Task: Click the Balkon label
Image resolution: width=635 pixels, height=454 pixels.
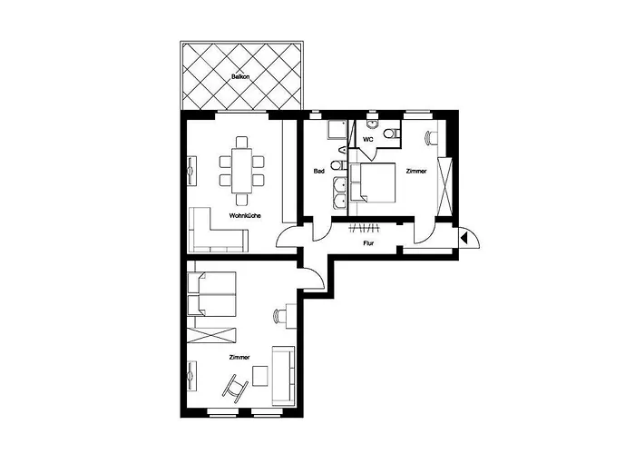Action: tap(240, 76)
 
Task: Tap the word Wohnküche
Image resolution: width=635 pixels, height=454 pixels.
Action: tap(245, 216)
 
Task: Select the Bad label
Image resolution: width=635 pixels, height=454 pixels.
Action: tap(319, 171)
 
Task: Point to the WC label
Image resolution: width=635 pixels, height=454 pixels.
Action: tap(368, 140)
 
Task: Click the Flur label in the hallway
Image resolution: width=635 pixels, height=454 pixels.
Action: tap(368, 243)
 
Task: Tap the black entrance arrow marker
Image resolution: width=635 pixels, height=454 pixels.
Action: tap(464, 238)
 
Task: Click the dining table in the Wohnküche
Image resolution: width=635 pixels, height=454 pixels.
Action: tap(241, 171)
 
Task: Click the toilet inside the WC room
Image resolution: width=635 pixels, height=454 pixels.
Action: tap(392, 133)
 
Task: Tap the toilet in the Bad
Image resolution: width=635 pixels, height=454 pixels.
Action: tap(337, 165)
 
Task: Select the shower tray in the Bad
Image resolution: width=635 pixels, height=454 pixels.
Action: tap(337, 130)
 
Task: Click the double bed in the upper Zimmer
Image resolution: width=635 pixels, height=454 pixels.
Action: tap(373, 183)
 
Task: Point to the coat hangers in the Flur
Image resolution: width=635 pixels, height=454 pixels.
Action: tap(364, 228)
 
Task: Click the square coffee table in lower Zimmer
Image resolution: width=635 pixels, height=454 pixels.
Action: tap(260, 376)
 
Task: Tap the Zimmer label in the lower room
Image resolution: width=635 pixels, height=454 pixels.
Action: tap(239, 357)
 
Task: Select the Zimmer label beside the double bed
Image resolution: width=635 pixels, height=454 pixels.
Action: tap(416, 171)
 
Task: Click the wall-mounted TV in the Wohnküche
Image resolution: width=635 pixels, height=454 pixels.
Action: tap(191, 171)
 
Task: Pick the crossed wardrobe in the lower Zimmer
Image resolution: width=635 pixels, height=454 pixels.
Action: tap(211, 336)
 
